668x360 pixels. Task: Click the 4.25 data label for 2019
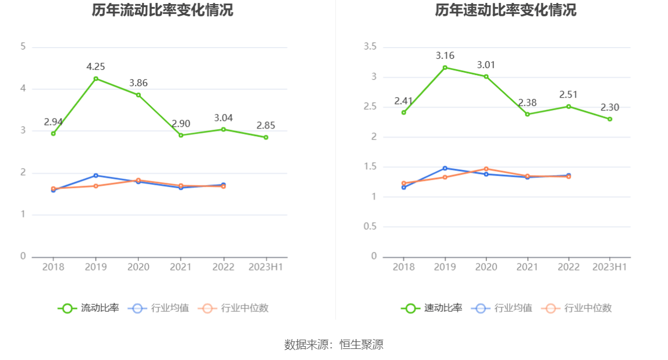tap(95, 66)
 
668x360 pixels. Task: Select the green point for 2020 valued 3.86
tap(138, 95)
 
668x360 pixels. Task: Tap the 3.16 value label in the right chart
tap(445, 56)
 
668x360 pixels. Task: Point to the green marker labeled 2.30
tap(610, 119)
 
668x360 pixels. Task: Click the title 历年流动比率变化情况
tap(162, 10)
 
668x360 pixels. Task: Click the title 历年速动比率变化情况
tap(506, 10)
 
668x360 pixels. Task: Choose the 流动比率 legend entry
tap(89, 308)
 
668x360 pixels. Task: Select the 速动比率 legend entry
tap(432, 308)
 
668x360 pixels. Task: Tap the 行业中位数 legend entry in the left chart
tap(234, 308)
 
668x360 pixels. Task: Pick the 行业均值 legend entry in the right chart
tap(504, 308)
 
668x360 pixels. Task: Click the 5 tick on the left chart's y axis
tap(23, 47)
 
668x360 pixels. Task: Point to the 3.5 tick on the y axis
tap(370, 47)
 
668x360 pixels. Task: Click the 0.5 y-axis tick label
tap(370, 226)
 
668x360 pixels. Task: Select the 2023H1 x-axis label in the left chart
tap(266, 267)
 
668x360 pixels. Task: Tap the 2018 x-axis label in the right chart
tap(404, 267)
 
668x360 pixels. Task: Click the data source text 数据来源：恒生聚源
tap(334, 344)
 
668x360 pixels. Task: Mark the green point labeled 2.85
tap(266, 137)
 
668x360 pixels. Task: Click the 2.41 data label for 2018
tap(403, 101)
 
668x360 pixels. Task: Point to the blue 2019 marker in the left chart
tap(96, 175)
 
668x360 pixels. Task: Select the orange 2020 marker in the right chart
tap(486, 169)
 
